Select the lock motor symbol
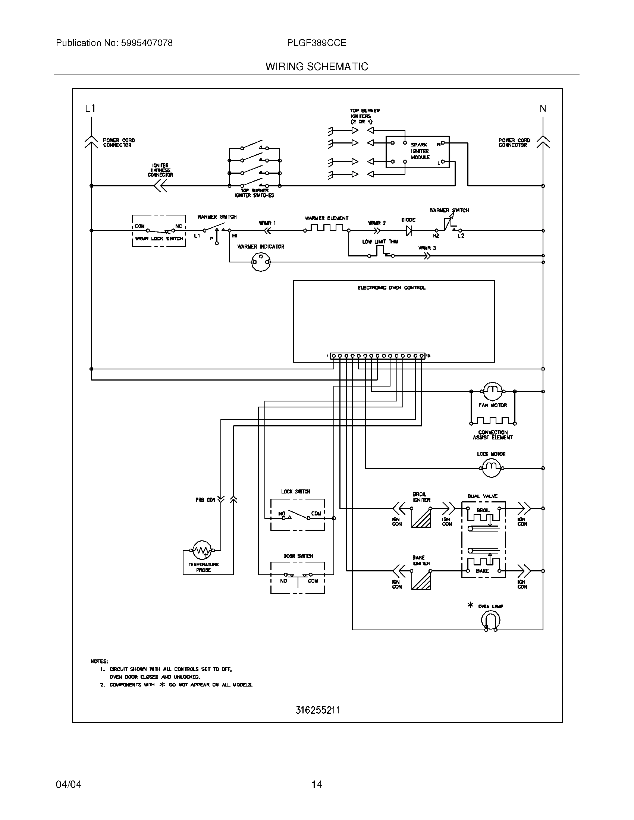(x=491, y=468)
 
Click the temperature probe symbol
(x=202, y=550)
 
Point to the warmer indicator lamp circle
(x=261, y=262)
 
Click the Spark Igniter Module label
(x=420, y=151)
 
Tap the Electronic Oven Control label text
(x=391, y=288)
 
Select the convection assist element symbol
(x=493, y=421)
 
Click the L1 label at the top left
(x=90, y=109)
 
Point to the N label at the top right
(x=543, y=109)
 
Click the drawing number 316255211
(x=317, y=710)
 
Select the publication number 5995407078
(x=147, y=43)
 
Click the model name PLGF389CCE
(x=317, y=43)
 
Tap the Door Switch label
(x=298, y=556)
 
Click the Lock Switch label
(x=296, y=492)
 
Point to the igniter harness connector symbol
(x=161, y=186)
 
